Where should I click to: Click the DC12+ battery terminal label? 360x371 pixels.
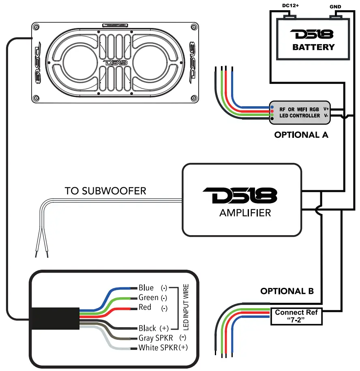(x=291, y=6)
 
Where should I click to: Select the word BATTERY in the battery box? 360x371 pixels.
(x=313, y=47)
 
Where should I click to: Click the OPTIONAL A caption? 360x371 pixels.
(x=301, y=135)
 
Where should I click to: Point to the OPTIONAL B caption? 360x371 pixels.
(x=287, y=291)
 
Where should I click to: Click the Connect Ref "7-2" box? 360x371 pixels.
(x=296, y=316)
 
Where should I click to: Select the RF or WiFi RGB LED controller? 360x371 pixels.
(x=300, y=112)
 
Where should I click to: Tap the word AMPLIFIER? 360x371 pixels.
(x=245, y=212)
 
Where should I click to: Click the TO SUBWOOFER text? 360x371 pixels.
(x=105, y=191)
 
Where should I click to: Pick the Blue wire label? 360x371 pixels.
(x=146, y=288)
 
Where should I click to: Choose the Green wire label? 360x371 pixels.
(x=148, y=298)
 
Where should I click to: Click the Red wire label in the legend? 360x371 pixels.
(x=145, y=307)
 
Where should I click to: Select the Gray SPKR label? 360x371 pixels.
(x=156, y=338)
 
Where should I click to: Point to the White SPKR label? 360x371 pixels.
(x=158, y=347)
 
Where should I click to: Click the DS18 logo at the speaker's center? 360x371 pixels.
(x=115, y=63)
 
